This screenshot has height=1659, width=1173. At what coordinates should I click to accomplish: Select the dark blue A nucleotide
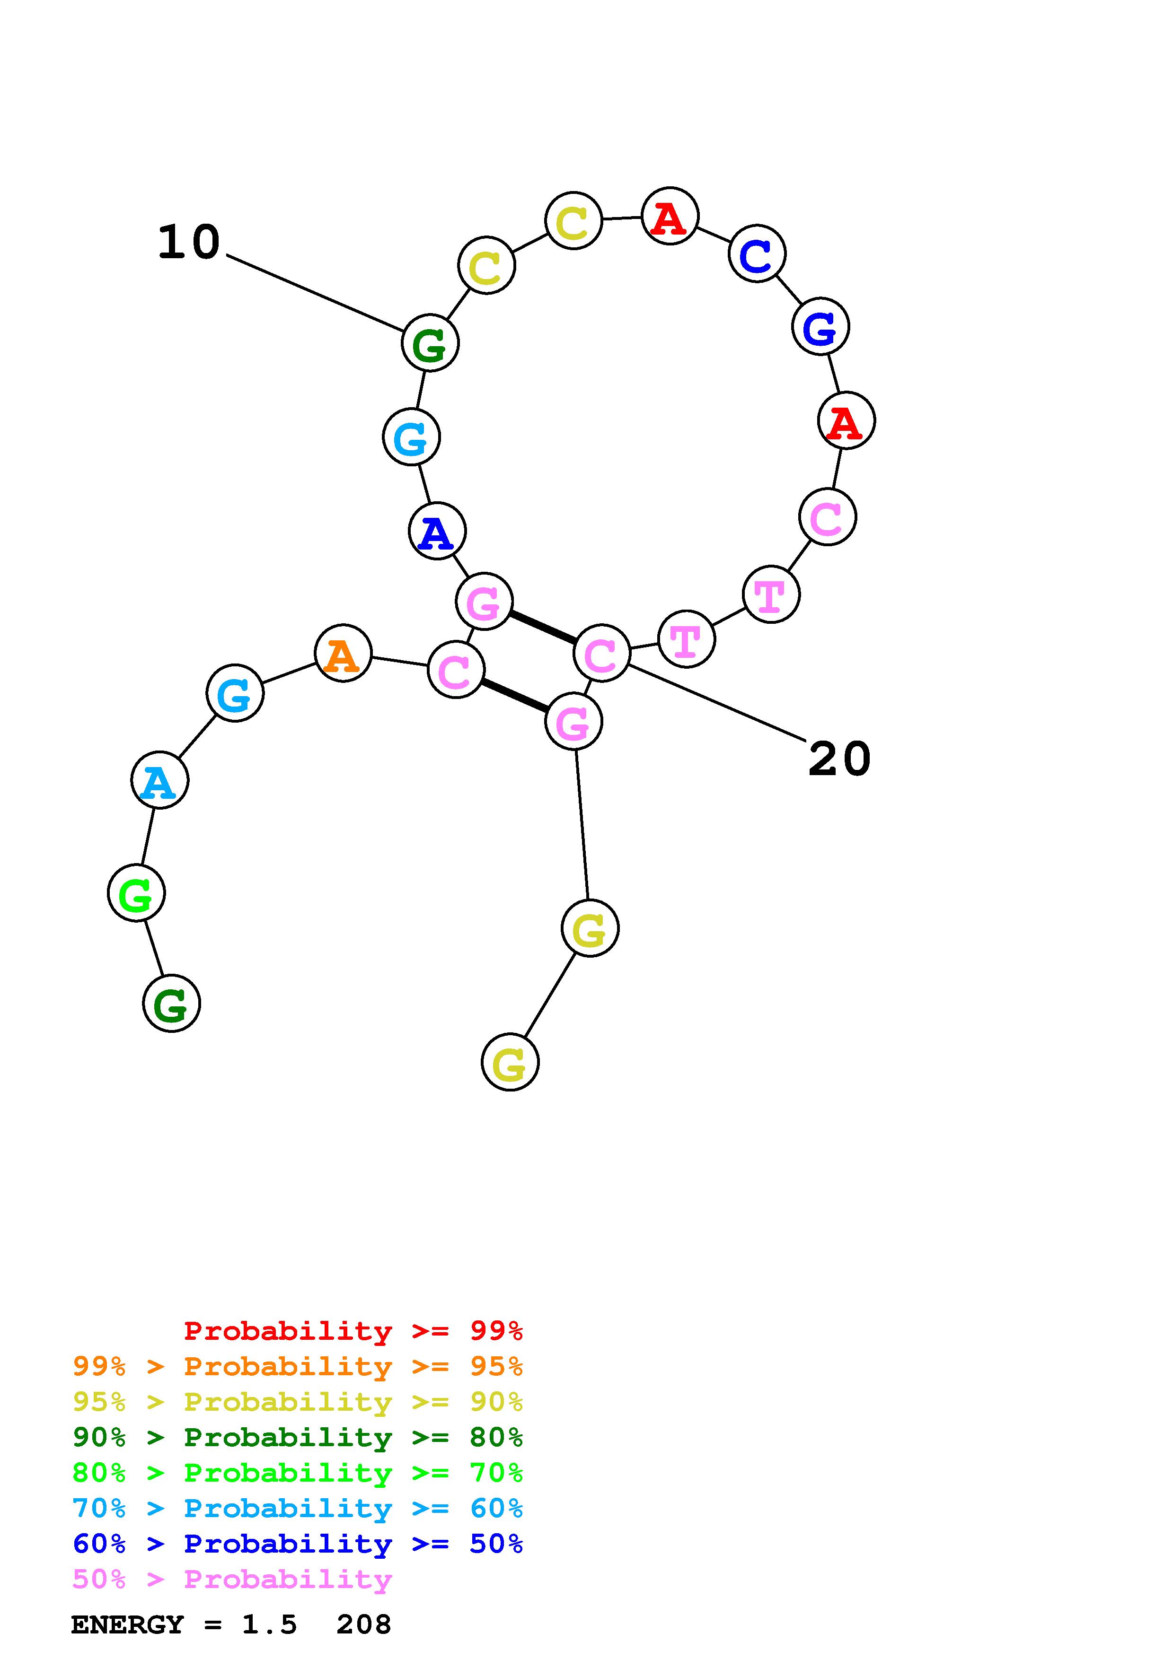(x=437, y=531)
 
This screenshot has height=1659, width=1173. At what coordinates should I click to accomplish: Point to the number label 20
(x=839, y=760)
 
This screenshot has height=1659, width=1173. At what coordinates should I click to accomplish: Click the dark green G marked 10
(x=430, y=343)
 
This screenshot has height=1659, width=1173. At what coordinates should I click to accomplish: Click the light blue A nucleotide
(x=160, y=780)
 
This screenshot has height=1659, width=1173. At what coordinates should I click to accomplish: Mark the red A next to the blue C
(x=670, y=216)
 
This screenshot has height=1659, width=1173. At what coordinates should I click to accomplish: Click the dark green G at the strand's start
(x=171, y=1003)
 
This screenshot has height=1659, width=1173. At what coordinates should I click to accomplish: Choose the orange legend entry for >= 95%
(x=298, y=1366)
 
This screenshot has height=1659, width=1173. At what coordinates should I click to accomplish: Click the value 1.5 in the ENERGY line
(x=269, y=1625)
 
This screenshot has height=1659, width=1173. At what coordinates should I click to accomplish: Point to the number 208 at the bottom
(x=363, y=1625)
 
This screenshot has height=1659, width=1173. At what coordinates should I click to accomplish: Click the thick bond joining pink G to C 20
(x=543, y=627)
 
